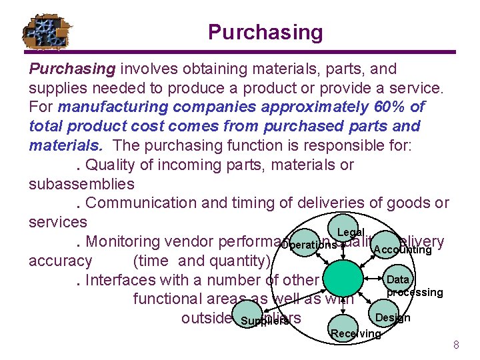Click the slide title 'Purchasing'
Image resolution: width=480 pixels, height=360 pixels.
point(265,32)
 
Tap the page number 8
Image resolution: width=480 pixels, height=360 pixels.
point(456,345)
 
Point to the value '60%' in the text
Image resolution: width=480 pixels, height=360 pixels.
point(393,107)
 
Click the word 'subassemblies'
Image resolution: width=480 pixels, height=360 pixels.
point(81,183)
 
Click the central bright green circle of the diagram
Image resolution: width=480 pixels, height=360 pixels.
point(341,278)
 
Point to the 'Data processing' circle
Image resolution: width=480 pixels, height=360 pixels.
point(400,283)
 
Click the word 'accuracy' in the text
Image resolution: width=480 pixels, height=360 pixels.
point(61,261)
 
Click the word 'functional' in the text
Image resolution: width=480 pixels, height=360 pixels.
point(169,299)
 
